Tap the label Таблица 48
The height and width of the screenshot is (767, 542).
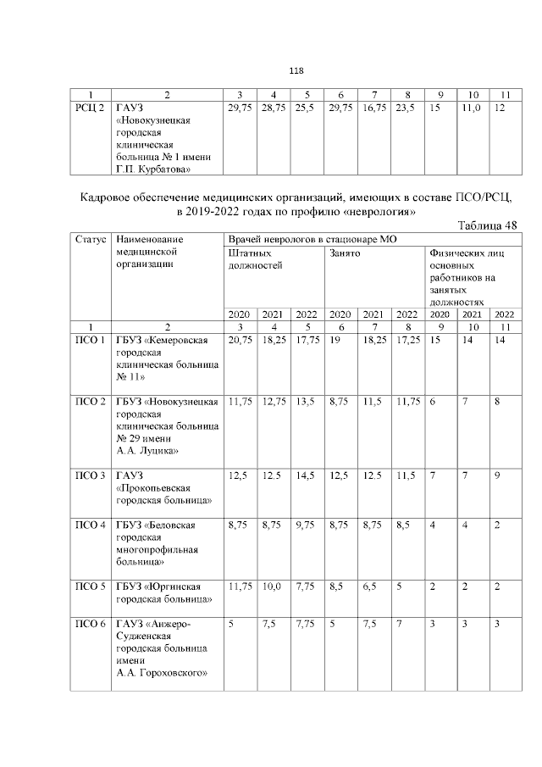tap(486, 224)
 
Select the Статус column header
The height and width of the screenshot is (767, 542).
tap(90, 240)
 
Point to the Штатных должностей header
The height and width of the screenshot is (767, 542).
tap(255, 259)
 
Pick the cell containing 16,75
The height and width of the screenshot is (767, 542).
tap(373, 108)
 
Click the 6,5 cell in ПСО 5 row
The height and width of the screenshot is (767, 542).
tap(370, 586)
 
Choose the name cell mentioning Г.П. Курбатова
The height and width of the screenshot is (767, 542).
tap(163, 138)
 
